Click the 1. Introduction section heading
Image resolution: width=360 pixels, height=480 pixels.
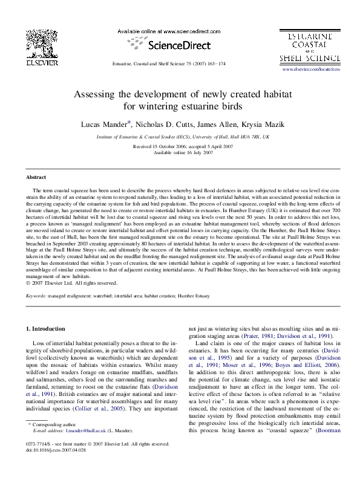pyautogui.click(x=48, y=328)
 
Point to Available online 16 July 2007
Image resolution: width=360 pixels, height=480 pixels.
pyautogui.click(x=183, y=152)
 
